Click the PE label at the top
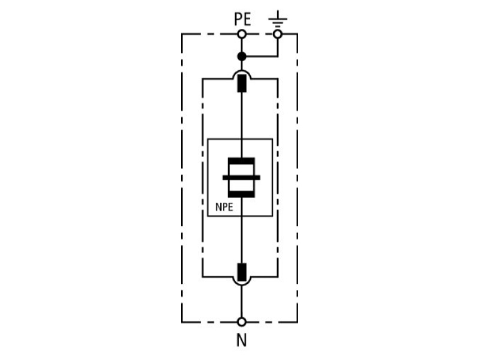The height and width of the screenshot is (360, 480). tap(242, 19)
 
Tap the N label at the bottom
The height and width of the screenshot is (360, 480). tap(242, 340)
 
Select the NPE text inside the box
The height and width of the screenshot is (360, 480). tap(224, 207)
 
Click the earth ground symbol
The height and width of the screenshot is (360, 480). tap(278, 19)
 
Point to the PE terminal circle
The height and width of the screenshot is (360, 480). tap(242, 34)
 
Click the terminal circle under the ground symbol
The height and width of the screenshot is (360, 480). tap(278, 34)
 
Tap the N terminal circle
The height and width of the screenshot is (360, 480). tap(242, 322)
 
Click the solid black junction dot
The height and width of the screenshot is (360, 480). tap(242, 56)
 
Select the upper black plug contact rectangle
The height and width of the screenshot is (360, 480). tap(242, 83)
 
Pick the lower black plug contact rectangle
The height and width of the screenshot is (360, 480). tap(242, 272)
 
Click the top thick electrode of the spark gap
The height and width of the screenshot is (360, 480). tap(242, 161)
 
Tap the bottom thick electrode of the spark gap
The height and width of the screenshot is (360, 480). tap(242, 194)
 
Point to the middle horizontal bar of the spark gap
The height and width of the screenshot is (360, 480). tap(242, 178)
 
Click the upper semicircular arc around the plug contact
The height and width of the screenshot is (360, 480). tap(242, 70)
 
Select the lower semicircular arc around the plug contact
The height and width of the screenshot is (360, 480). tap(242, 285)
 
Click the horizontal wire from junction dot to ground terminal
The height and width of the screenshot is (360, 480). tap(260, 56)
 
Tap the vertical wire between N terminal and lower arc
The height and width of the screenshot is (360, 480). tap(242, 302)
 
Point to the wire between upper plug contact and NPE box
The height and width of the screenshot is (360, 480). tap(242, 115)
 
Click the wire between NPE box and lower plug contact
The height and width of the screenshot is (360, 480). tap(242, 239)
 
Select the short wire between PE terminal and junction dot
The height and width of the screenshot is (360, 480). tap(242, 46)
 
